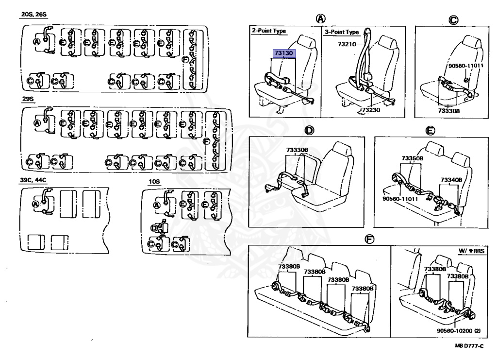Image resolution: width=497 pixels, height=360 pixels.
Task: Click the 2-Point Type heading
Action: click(x=268, y=31)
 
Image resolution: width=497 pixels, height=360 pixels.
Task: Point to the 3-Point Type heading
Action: click(x=342, y=32)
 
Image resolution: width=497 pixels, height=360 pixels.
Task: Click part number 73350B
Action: click(x=413, y=158)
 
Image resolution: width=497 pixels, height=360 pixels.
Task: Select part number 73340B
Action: click(x=451, y=180)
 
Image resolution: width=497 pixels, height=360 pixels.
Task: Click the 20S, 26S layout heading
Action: click(x=33, y=15)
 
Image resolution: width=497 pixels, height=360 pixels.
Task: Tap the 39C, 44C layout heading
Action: click(x=33, y=180)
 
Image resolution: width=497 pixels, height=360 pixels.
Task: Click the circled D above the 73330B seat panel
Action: click(x=309, y=130)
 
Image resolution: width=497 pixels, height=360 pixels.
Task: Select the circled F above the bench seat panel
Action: click(x=369, y=240)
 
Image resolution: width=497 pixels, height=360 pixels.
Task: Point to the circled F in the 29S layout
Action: click(x=206, y=141)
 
